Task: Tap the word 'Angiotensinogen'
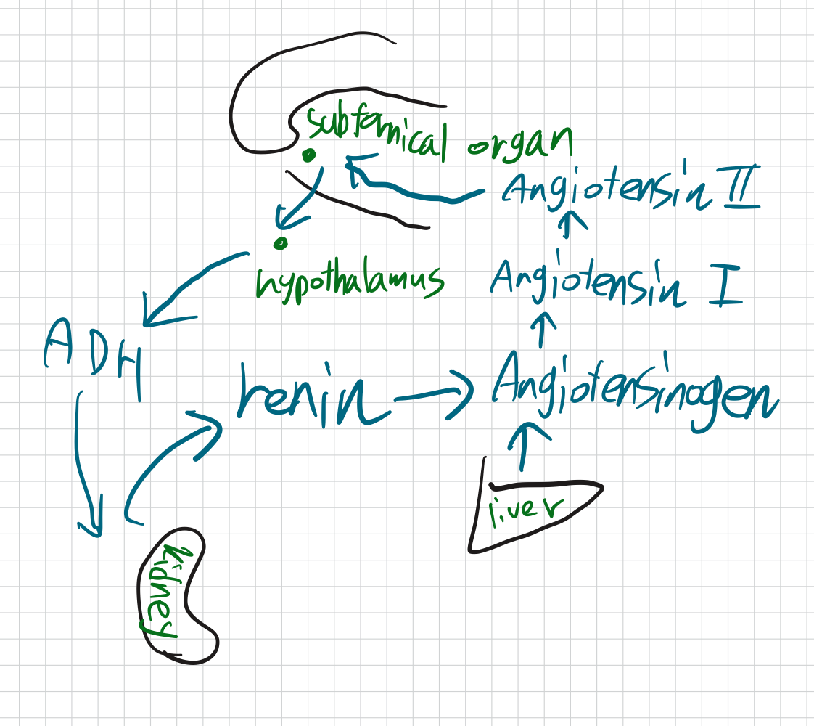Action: pyautogui.click(x=631, y=392)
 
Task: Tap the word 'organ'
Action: pyautogui.click(x=519, y=141)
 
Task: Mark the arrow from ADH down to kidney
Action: pyautogui.click(x=84, y=465)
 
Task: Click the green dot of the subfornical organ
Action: pyautogui.click(x=310, y=155)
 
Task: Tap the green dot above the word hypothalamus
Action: pyautogui.click(x=281, y=242)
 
